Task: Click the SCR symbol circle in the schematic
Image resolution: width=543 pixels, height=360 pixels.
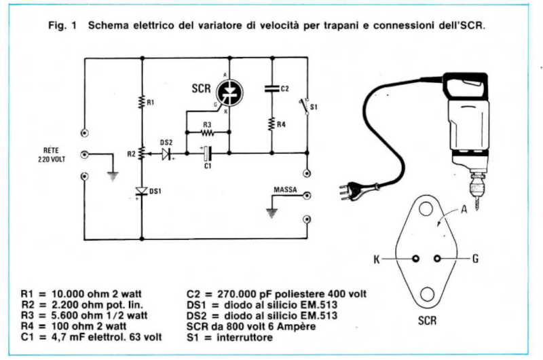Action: (228, 93)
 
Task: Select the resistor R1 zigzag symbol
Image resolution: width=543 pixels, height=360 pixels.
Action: (141, 103)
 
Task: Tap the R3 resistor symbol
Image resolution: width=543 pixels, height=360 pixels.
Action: (208, 133)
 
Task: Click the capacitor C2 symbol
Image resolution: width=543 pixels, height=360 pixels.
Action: (271, 88)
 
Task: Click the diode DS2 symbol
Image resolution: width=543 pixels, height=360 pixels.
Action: (166, 154)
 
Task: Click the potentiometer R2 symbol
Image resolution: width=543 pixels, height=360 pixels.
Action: (141, 153)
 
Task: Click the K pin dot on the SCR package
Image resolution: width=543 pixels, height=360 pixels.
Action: (414, 258)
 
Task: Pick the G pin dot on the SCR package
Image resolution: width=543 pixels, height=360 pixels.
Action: (438, 258)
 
